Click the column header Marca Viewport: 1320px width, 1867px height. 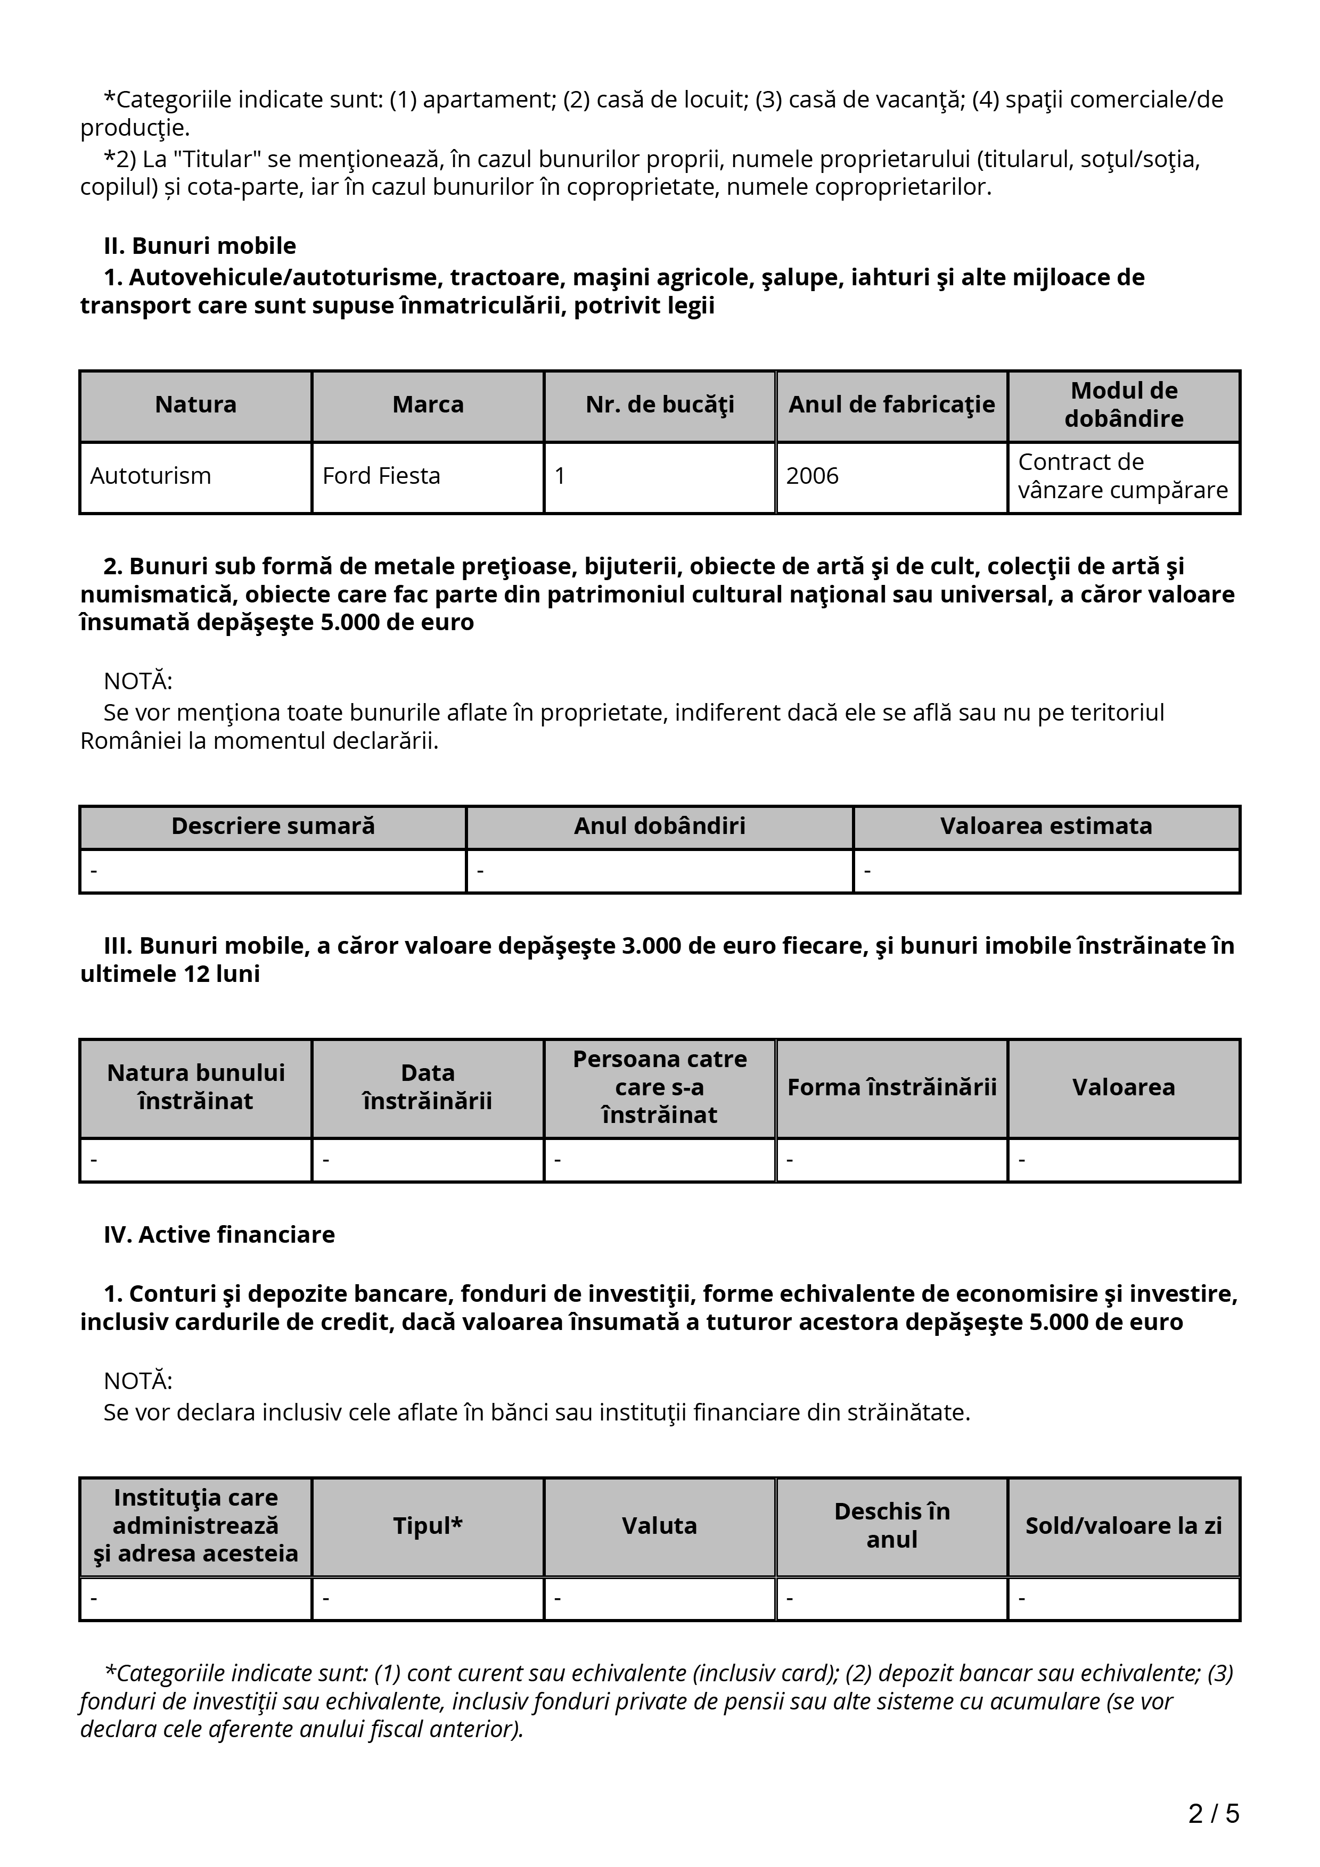coord(428,405)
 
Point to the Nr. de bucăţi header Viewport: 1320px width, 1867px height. coord(660,405)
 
